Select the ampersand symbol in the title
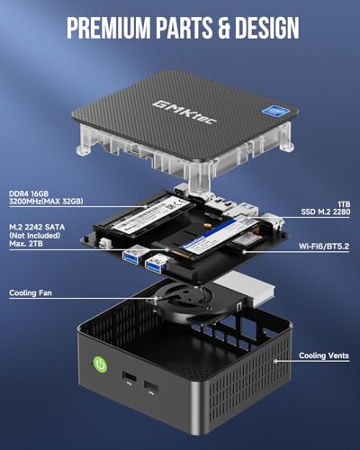218,28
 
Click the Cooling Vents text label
323,355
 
